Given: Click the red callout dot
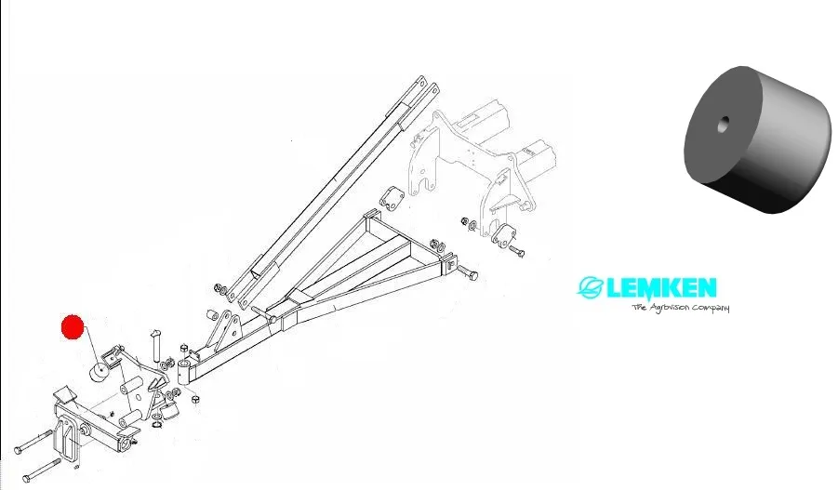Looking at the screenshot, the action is click(73, 328).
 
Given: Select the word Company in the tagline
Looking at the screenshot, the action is click(710, 308).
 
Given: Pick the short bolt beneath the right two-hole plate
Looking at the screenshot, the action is click(518, 253).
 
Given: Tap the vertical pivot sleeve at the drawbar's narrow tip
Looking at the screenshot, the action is click(183, 374).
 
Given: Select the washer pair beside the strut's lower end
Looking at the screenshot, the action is click(219, 289).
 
